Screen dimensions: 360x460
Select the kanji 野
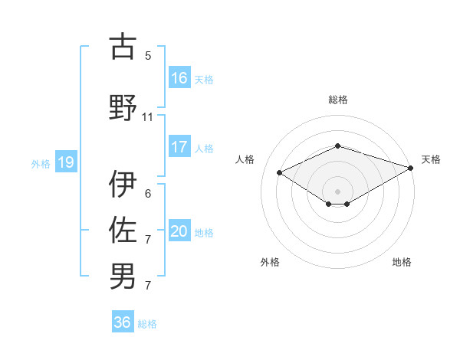point(123,107)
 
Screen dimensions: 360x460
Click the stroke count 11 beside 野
point(148,117)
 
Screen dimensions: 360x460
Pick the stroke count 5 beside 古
point(148,56)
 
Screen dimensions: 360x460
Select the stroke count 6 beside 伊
point(148,194)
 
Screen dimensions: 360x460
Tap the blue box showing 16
point(179,77)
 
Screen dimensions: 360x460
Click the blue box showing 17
point(179,147)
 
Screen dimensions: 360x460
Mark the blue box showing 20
point(179,231)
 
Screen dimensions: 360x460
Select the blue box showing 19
point(65,162)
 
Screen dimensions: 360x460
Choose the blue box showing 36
point(123,322)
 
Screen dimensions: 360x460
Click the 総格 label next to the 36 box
point(147,324)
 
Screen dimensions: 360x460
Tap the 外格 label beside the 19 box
point(41,163)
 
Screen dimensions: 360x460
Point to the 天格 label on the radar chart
point(431,159)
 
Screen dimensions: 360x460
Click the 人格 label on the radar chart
point(245,159)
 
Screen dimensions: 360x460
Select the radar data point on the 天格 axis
point(412,168)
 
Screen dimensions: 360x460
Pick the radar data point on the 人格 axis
point(280,172)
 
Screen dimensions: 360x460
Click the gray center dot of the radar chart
point(337,190)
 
